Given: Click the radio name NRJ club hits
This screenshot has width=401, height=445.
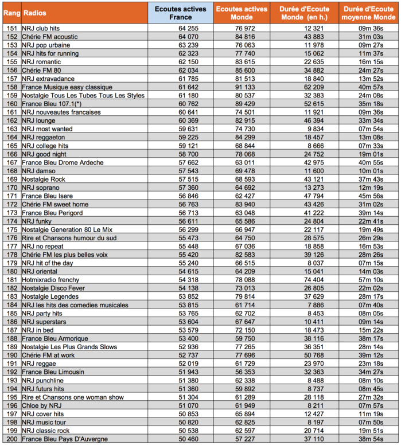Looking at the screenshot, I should coord(41,28).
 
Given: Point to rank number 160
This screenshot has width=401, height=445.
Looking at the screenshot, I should coord(11,103).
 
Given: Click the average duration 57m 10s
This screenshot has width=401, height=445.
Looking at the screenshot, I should coord(370,280).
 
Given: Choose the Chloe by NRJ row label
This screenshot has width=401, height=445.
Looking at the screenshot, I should coord(42,406).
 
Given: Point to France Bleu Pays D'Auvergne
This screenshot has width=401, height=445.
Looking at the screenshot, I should coord(65,439).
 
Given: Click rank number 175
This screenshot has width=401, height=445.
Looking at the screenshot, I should coord(11,229).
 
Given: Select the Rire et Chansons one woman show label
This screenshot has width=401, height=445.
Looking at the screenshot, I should coord(73,397).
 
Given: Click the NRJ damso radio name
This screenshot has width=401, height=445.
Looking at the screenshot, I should coord(38,171).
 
